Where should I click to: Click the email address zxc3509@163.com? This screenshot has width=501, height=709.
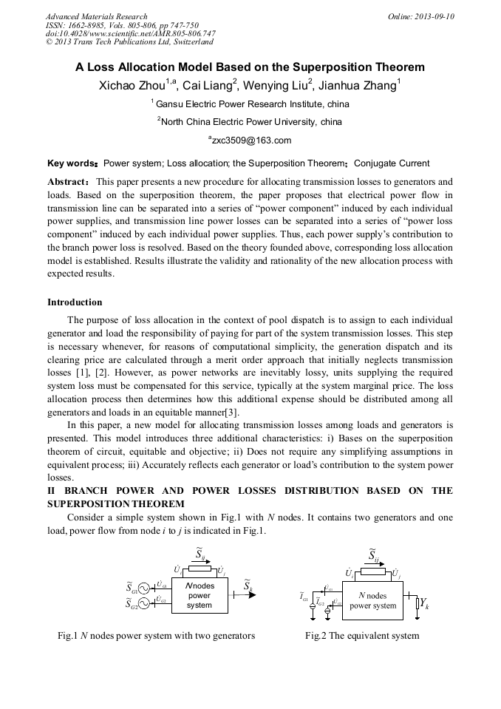tap(251, 140)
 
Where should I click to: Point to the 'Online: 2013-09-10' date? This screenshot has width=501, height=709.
tap(421, 16)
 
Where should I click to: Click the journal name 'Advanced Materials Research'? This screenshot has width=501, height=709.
tap(96, 16)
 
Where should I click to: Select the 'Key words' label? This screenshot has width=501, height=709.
tap(72, 163)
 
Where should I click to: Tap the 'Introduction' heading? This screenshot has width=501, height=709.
tap(75, 302)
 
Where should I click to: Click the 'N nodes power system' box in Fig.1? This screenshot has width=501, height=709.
tap(199, 595)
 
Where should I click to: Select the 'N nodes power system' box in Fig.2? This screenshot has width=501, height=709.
tap(373, 600)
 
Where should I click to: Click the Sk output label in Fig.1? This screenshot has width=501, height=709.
tap(248, 588)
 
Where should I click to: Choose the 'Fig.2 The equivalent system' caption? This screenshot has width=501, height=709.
tap(361, 636)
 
